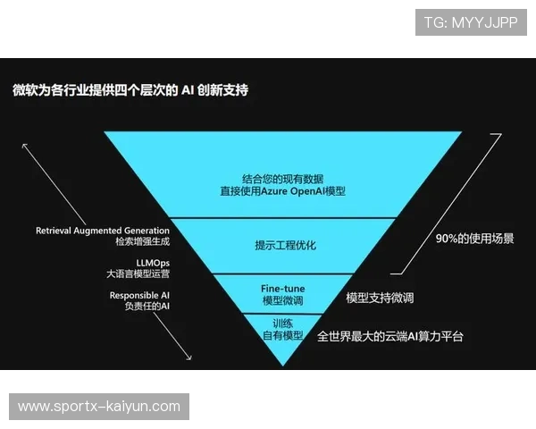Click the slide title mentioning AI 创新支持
(130, 90)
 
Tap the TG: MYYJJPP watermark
(470, 22)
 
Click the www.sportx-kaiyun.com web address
(99, 407)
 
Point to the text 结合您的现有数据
(282, 178)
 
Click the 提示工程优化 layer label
(285, 244)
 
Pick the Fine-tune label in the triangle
(283, 288)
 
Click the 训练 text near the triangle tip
(282, 323)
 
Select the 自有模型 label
(282, 335)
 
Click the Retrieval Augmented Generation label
(103, 231)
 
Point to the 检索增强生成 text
(142, 242)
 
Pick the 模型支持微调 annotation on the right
(380, 298)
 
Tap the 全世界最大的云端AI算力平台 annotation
(390, 337)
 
